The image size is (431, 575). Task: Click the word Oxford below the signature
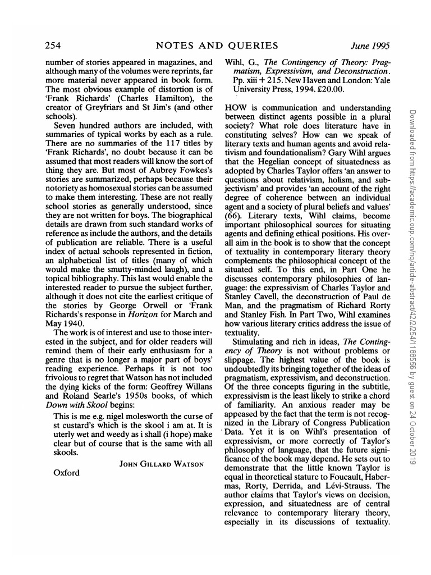pos(66,472)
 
